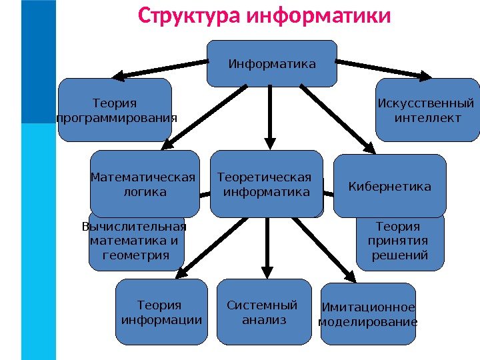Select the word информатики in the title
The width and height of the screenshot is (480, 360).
point(319,15)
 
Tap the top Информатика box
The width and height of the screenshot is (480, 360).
point(272,64)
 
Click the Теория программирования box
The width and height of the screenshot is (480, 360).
point(115,110)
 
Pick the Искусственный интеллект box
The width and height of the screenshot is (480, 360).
point(427,110)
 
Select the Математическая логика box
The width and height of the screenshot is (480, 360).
point(145,184)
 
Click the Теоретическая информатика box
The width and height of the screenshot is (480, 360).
point(266,184)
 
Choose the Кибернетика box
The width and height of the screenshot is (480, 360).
point(389,186)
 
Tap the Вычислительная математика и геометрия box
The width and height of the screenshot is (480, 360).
point(136,244)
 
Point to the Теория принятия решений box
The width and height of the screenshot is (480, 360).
point(400,243)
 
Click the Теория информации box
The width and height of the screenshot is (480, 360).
point(161,312)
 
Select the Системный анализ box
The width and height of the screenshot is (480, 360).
point(265,312)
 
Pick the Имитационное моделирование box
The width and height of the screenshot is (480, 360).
point(368,313)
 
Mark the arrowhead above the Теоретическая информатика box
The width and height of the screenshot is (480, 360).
point(269,142)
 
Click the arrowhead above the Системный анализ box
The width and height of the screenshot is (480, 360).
point(267,272)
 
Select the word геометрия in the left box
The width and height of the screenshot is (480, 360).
point(136,255)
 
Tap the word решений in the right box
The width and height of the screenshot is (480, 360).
point(400,255)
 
